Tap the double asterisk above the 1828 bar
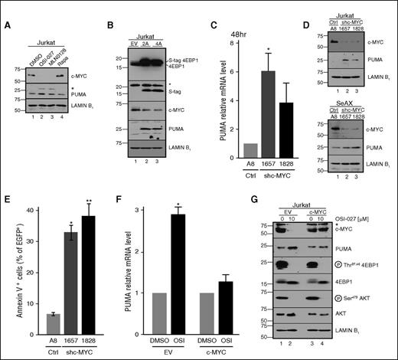[x=90, y=208]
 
